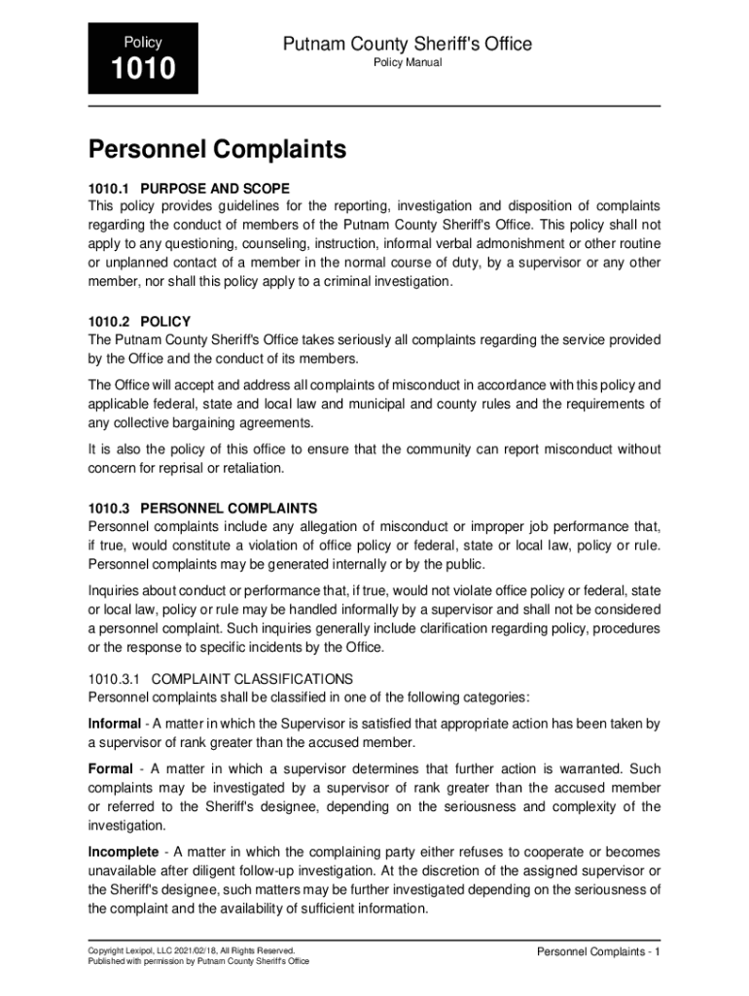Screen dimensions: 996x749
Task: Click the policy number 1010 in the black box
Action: click(x=143, y=69)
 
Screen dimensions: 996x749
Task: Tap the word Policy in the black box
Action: click(x=143, y=43)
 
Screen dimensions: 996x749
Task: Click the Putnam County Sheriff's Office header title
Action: click(x=408, y=44)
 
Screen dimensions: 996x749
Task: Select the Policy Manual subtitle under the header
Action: click(x=408, y=63)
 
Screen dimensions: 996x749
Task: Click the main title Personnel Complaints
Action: click(x=217, y=150)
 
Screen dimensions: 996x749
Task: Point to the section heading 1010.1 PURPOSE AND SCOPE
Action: click(x=189, y=188)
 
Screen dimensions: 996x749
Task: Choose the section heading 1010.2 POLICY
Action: click(x=139, y=321)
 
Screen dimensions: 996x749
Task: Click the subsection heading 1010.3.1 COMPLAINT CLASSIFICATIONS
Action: click(x=220, y=678)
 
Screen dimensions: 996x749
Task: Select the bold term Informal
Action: click(x=114, y=724)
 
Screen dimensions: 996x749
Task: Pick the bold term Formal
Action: click(x=110, y=769)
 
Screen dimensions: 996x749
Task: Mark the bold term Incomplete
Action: click(x=123, y=852)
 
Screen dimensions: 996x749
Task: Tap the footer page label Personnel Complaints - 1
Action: click(x=598, y=951)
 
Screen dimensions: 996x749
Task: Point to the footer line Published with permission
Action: click(x=198, y=961)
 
